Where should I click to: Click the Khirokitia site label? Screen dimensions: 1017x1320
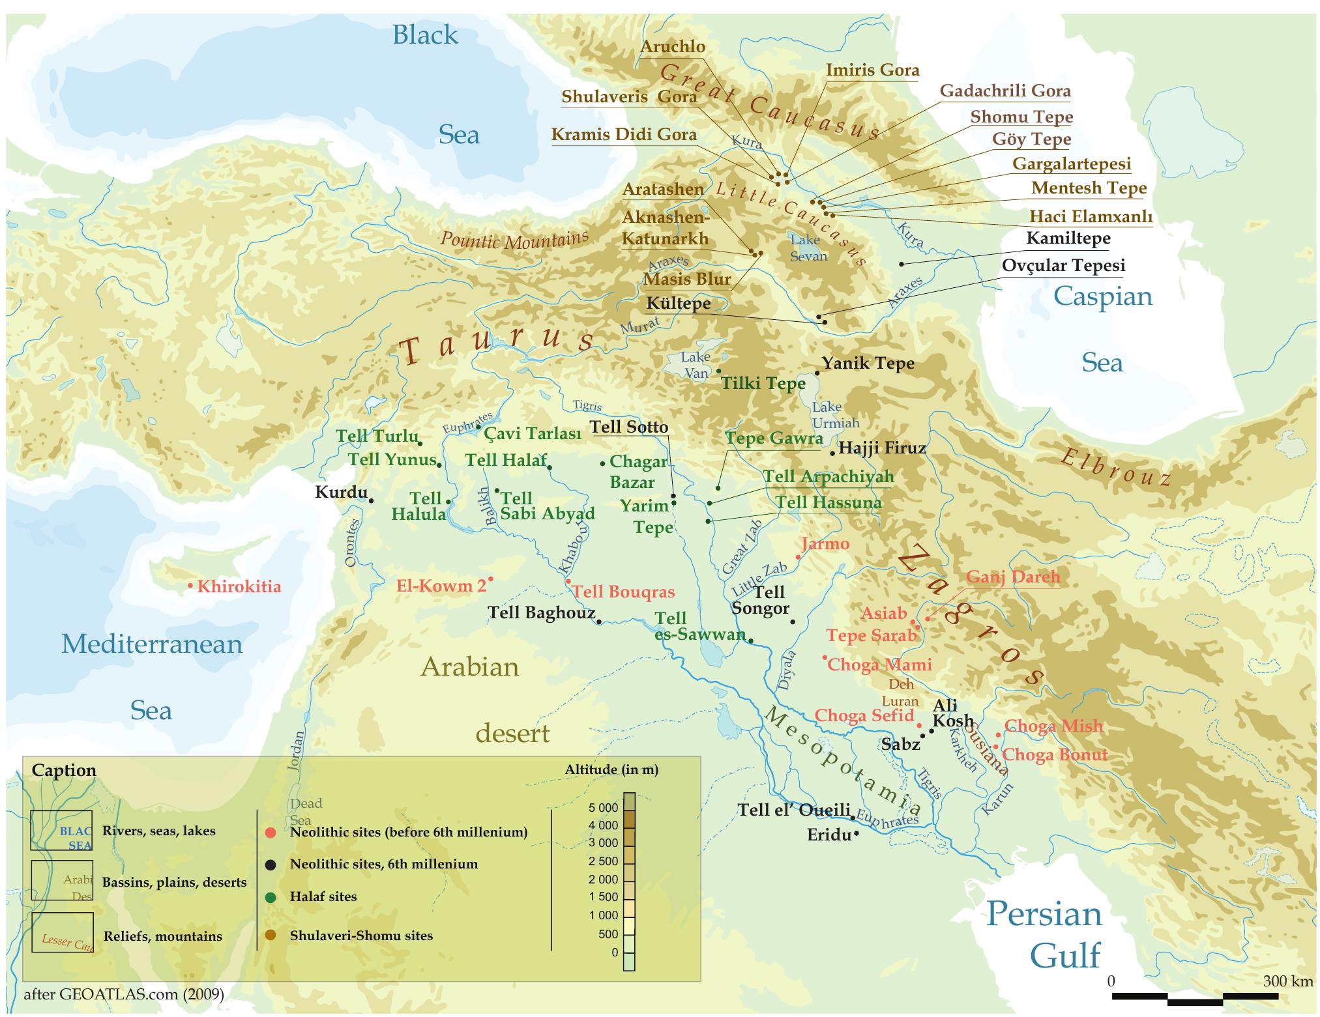(x=239, y=586)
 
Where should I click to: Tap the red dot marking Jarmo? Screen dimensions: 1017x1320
(x=799, y=558)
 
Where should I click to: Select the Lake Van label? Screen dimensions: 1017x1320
(x=695, y=365)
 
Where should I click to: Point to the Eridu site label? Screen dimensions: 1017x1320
(x=829, y=835)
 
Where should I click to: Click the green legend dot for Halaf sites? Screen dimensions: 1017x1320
(x=271, y=897)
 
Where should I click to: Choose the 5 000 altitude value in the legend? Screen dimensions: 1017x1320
(x=602, y=808)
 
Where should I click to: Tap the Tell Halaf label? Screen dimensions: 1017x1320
(x=506, y=460)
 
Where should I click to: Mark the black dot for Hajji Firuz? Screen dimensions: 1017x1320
(x=832, y=453)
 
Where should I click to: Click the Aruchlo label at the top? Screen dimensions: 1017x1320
(x=672, y=47)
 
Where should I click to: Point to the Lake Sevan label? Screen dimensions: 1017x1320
(x=808, y=248)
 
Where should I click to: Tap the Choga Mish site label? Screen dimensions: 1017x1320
(x=1053, y=726)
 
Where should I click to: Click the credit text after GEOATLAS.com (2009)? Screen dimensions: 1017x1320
(x=124, y=994)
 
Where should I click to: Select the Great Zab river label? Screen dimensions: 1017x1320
(x=741, y=549)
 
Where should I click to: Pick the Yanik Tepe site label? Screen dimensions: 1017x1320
(x=868, y=363)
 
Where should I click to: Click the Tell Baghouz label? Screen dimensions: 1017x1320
(x=541, y=612)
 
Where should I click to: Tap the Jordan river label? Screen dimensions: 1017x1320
(x=297, y=751)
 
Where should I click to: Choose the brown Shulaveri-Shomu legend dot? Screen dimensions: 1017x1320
(x=271, y=936)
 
